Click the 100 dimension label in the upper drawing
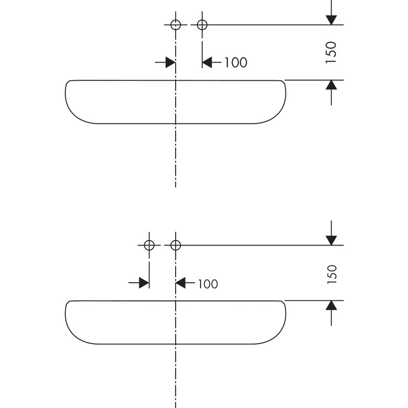(x=236, y=62)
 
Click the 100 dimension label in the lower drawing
(x=207, y=284)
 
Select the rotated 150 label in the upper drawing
(x=331, y=52)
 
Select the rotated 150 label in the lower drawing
(x=332, y=274)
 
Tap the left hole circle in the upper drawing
(x=176, y=24)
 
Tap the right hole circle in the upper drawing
(x=202, y=24)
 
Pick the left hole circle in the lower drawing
(x=149, y=245)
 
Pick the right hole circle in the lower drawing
(x=176, y=245)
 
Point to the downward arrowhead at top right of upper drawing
(x=331, y=20)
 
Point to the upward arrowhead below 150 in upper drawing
(x=331, y=85)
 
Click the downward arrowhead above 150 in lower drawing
(x=331, y=240)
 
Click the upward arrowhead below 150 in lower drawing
(x=331, y=306)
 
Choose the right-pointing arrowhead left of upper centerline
(x=170, y=62)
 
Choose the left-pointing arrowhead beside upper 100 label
(x=207, y=62)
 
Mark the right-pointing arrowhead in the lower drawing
(x=144, y=283)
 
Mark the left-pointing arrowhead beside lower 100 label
(x=181, y=283)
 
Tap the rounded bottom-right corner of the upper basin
(x=276, y=114)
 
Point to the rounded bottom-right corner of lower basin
(x=276, y=335)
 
